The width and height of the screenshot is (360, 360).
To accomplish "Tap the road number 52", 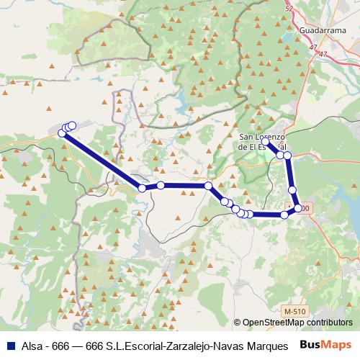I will coord(289,9).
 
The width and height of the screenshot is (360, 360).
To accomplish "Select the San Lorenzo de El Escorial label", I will coord(264,141).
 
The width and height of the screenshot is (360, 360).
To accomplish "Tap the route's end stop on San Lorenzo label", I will coord(264,141).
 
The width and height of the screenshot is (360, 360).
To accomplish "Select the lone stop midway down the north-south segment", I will coord(292,189).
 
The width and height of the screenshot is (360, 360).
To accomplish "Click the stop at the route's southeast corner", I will coord(297,208).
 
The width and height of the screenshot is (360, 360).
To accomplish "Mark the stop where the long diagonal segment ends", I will coord(143,188).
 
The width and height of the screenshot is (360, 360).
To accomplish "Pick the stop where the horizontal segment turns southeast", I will coord(208,186).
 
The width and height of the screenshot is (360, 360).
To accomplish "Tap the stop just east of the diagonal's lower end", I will coord(161,185).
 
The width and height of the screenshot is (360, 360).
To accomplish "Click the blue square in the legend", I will coord(10,345).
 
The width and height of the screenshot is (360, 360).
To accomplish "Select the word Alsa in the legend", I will coord(31,345).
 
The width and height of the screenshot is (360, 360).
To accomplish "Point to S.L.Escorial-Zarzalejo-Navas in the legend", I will coord(174,345).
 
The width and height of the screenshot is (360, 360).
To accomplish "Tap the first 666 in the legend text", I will coord(63,345).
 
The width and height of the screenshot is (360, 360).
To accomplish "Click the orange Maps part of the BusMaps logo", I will coord(336,344).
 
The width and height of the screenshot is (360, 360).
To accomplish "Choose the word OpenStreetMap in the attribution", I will coord(273,323).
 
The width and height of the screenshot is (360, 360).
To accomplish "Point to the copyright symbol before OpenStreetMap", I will coord(238,323).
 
